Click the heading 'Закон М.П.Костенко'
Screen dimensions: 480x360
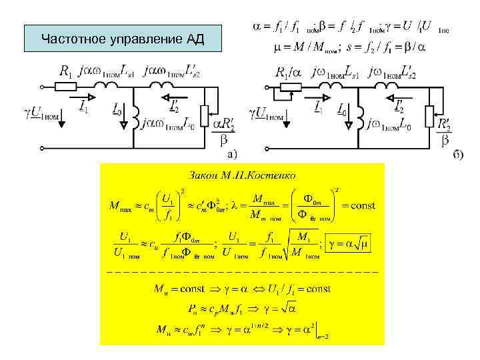coord(243,175)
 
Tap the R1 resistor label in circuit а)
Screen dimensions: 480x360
coord(67,71)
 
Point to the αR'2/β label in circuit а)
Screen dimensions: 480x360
coord(224,130)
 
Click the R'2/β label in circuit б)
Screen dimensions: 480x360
coord(445,130)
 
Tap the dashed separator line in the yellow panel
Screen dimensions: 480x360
coord(243,273)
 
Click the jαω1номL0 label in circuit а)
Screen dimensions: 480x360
coord(171,123)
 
